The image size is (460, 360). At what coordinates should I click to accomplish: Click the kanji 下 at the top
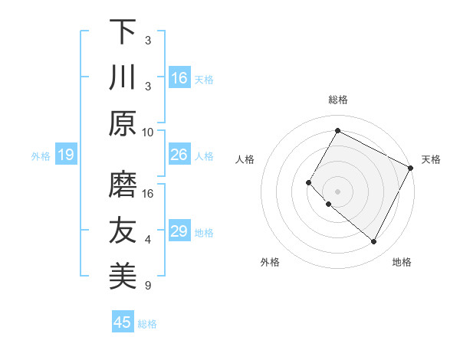pos(123,32)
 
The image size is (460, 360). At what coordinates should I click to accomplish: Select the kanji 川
pos(123,78)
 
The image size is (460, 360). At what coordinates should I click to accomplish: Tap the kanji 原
pos(123,123)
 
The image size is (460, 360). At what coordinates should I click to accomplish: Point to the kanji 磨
pos(123,184)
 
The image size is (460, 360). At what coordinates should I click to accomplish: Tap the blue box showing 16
pos(179,78)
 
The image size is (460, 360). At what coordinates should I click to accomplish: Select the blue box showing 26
pos(179,155)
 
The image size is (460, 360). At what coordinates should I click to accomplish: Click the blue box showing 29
pos(179,231)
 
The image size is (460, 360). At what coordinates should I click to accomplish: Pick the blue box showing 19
pos(65,155)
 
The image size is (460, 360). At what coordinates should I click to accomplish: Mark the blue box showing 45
pos(123,322)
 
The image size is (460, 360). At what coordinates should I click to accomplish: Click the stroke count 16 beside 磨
pos(148,194)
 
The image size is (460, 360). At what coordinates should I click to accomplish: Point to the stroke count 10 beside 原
pos(148,132)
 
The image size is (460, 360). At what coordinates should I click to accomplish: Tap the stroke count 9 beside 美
pos(148,286)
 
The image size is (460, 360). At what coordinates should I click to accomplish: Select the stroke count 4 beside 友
pos(148,240)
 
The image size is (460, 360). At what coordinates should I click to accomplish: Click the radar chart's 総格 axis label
pos(337,100)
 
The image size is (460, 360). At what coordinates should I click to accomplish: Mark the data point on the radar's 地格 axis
pos(373,242)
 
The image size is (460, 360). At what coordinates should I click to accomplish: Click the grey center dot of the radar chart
pos(337,191)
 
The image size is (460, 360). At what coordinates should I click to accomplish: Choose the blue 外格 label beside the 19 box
pos(41,156)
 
